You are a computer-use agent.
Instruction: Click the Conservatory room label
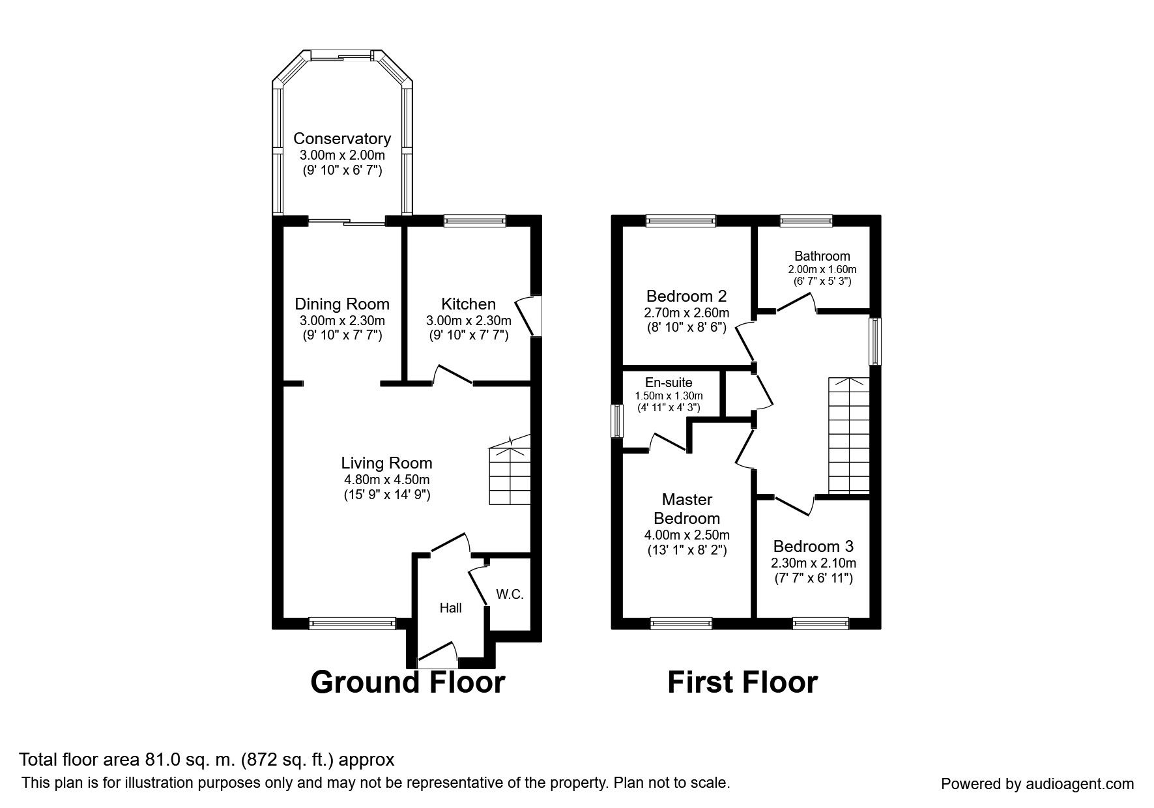[x=342, y=138]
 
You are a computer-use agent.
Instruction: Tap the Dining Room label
[x=342, y=304]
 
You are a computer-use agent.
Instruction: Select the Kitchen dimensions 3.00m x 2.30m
[x=469, y=321]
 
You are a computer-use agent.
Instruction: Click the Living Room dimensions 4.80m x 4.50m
[x=387, y=480]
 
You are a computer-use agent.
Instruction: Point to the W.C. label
[x=510, y=594]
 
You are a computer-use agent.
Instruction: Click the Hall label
[x=450, y=608]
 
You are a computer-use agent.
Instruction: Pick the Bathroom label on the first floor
[x=822, y=256]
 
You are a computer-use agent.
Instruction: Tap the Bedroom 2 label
[x=686, y=296]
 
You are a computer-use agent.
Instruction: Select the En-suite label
[x=669, y=383]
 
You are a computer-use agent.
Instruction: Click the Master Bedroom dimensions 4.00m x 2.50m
[x=687, y=535]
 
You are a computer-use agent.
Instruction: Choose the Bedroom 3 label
[x=813, y=546]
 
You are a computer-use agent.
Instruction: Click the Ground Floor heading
[x=408, y=682]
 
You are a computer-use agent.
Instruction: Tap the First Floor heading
[x=742, y=682]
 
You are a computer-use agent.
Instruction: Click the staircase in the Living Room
[x=510, y=470]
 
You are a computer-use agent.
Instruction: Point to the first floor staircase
[x=849, y=435]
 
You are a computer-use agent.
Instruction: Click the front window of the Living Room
[x=352, y=624]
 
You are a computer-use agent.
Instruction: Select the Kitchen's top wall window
[x=474, y=222]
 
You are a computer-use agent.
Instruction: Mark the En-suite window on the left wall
[x=616, y=422]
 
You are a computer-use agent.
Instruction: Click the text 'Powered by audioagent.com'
[x=1037, y=785]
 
